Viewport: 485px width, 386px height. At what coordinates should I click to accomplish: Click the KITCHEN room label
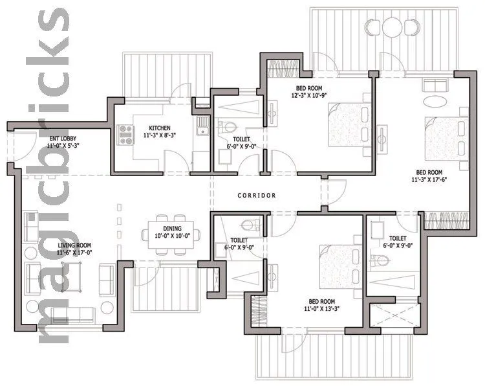pyautogui.click(x=159, y=128)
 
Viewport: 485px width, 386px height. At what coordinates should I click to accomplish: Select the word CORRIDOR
pyautogui.click(x=257, y=195)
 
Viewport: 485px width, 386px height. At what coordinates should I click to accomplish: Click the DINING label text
pyautogui.click(x=172, y=229)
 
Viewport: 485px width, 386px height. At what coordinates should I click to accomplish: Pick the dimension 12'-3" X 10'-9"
pyautogui.click(x=312, y=96)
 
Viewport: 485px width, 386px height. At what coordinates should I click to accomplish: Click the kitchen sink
pyautogui.click(x=202, y=127)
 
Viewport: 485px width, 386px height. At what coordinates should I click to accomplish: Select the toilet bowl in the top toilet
pyautogui.click(x=226, y=126)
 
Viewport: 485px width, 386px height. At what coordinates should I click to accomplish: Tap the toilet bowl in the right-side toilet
pyautogui.click(x=381, y=261)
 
